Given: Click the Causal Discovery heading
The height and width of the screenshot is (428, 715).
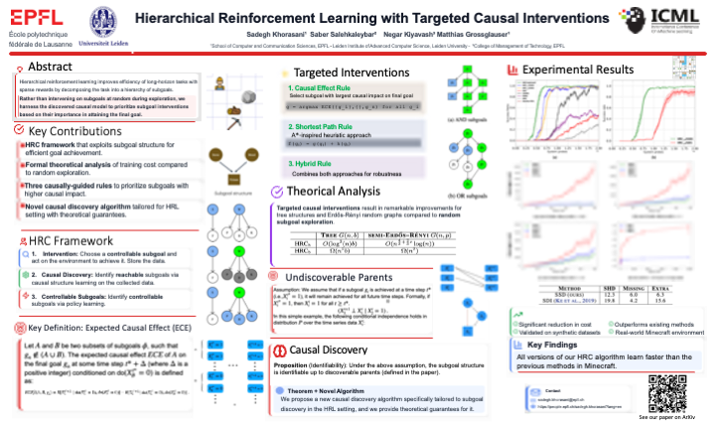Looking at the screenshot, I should [329, 350].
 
